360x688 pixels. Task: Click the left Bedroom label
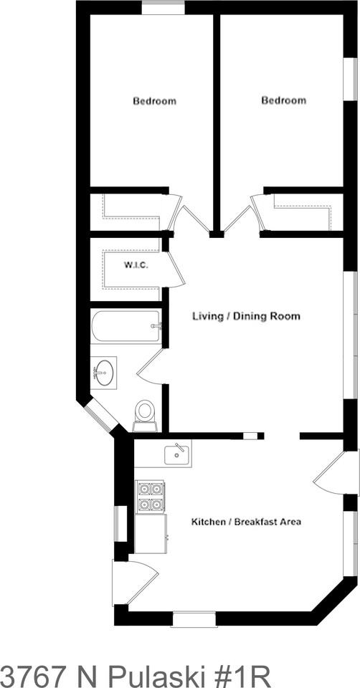pyautogui.click(x=154, y=101)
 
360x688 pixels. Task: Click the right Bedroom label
pyautogui.click(x=283, y=100)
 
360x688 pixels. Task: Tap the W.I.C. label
pyautogui.click(x=136, y=266)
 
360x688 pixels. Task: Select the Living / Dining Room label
pyautogui.click(x=246, y=316)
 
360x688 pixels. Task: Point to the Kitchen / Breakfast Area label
pyautogui.click(x=246, y=521)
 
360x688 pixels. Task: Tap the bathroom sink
pyautogui.click(x=103, y=373)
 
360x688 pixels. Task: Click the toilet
pyautogui.click(x=145, y=414)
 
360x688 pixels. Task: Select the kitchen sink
pyautogui.click(x=176, y=453)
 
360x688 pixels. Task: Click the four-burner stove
pyautogui.click(x=151, y=496)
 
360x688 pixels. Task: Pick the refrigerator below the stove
pyautogui.click(x=151, y=534)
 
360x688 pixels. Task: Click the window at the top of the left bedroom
pyautogui.click(x=163, y=8)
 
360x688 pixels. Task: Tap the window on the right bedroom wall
pyautogui.click(x=351, y=79)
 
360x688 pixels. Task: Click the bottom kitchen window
pyautogui.click(x=194, y=618)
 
